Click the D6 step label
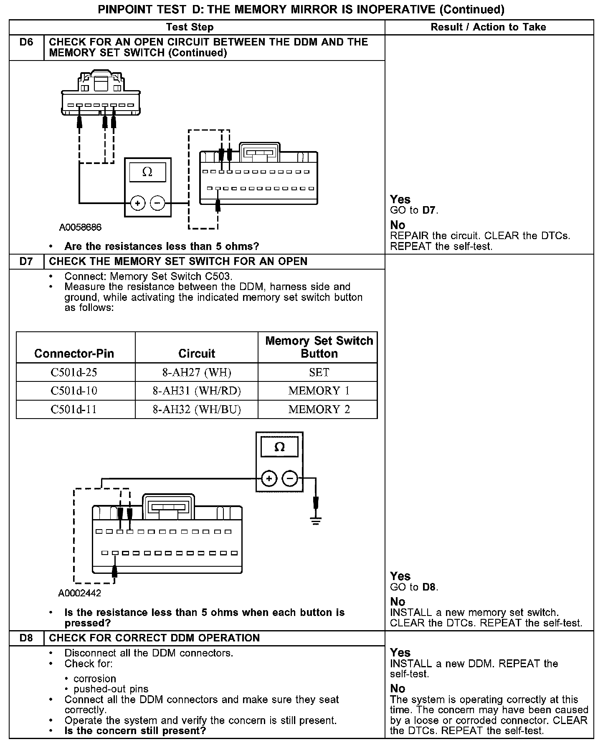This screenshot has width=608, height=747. coord(26,42)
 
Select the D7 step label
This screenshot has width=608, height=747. coord(26,262)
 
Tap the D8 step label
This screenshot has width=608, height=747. coord(26,638)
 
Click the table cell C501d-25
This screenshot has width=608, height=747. coord(74,372)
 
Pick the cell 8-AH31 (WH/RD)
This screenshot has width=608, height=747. coord(197,391)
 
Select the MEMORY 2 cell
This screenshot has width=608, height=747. coord(319,409)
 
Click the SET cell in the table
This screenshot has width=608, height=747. coord(319,372)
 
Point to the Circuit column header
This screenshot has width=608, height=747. coord(197,353)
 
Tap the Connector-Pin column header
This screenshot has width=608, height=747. coord(74,353)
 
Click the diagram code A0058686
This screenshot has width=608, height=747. coord(80,227)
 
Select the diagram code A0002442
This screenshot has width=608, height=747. coord(80,593)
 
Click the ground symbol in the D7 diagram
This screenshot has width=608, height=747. coord(316,520)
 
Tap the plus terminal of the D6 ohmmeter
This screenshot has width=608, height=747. coord(138,204)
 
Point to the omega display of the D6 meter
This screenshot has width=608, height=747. coord(147,172)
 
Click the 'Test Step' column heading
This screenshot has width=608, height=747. coord(190,27)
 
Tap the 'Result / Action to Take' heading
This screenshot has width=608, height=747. coord(488,27)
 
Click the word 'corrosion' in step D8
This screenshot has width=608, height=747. coord(95,679)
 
